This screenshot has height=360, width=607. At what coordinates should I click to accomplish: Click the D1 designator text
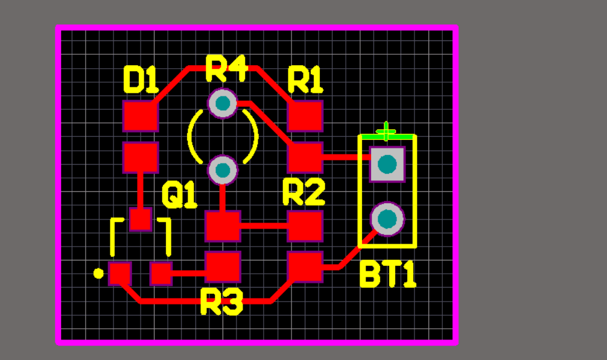tap(141, 80)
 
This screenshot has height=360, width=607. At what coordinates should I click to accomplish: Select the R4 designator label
tap(226, 68)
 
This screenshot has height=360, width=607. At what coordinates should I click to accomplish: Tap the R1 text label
tap(305, 80)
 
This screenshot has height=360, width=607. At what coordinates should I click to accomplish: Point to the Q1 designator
tap(179, 195)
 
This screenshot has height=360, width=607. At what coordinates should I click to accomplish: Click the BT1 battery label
tap(388, 275)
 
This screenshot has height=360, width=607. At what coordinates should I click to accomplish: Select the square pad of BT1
tap(387, 164)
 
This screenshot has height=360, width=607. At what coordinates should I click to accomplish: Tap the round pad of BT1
tap(387, 219)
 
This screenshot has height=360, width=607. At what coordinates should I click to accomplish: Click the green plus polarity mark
tap(386, 131)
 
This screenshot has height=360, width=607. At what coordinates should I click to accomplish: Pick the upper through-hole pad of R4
tap(223, 103)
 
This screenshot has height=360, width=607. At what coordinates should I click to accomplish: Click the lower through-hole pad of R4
tap(223, 170)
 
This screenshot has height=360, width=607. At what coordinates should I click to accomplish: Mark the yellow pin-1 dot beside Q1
tap(98, 274)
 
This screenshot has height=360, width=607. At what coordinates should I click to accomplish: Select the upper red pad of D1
tap(141, 116)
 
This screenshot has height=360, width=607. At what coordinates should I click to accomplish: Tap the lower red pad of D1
tap(141, 157)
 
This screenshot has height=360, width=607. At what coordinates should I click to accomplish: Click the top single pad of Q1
tap(141, 219)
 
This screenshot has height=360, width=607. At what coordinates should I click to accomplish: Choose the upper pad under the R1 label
tap(305, 116)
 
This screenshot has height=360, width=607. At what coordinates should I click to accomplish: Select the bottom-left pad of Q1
tap(120, 274)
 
